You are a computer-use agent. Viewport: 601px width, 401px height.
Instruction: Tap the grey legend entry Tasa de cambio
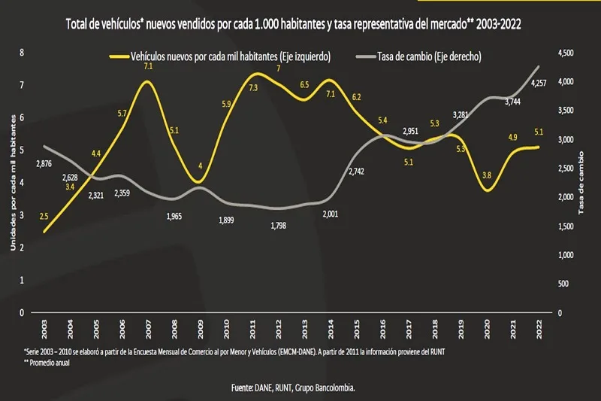click(x=421, y=56)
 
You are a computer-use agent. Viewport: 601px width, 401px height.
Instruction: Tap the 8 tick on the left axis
click(x=23, y=53)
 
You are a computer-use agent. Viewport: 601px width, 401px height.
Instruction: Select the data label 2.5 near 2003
click(x=44, y=217)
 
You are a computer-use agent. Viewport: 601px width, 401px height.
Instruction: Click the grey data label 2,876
click(x=44, y=164)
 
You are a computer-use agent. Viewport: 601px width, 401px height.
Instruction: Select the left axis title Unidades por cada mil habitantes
click(x=13, y=183)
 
